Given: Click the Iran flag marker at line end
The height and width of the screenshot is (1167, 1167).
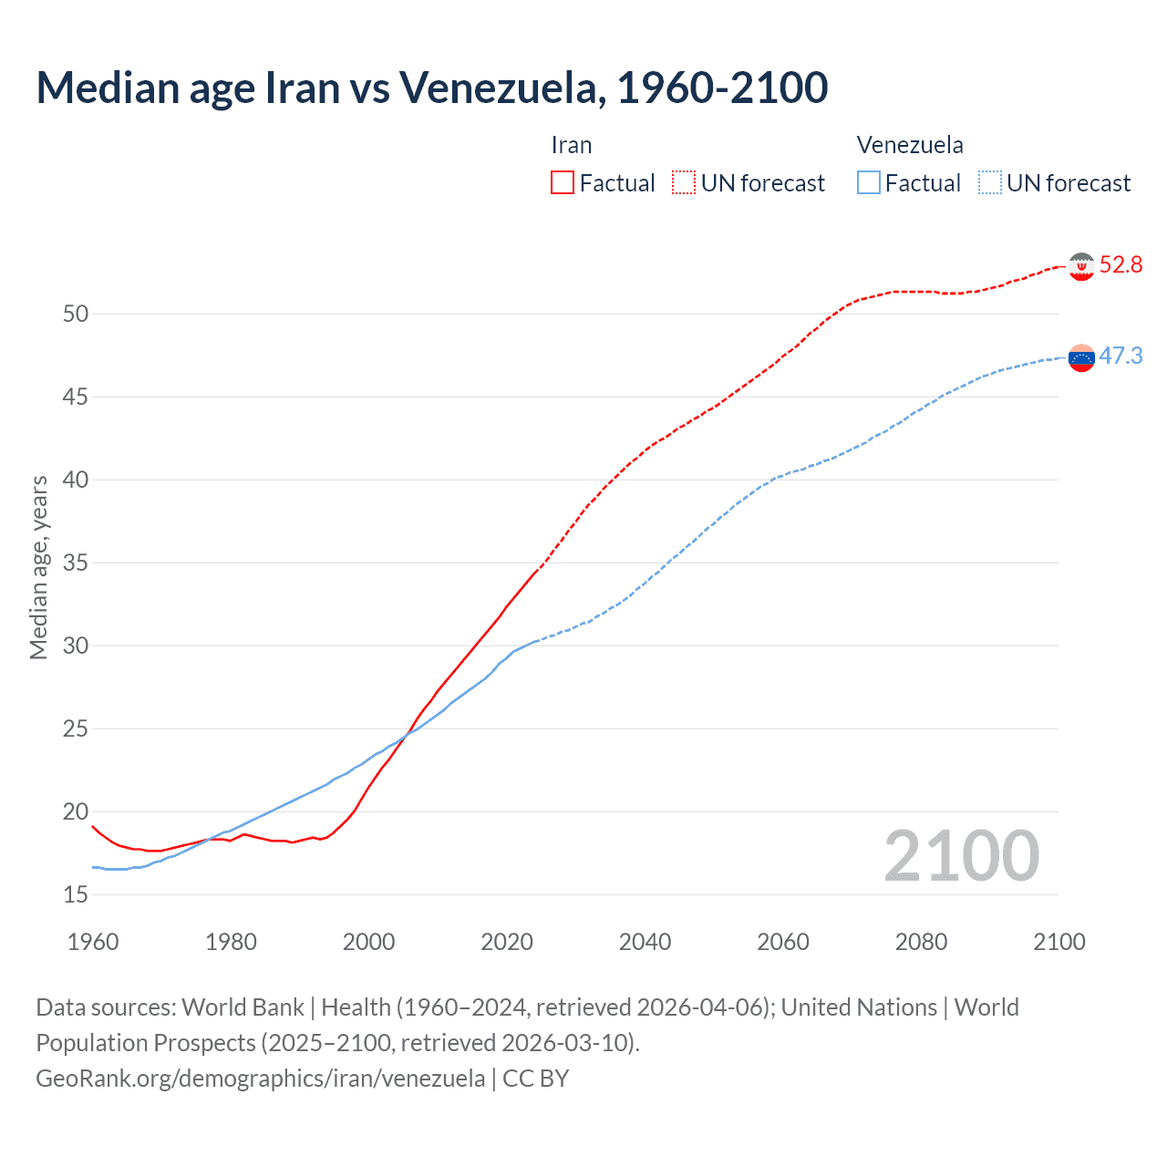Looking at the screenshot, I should pyautogui.click(x=1081, y=266).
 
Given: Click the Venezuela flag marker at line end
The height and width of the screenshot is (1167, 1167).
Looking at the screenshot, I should pyautogui.click(x=1081, y=357).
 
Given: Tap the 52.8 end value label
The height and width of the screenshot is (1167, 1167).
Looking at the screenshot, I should pyautogui.click(x=1121, y=265).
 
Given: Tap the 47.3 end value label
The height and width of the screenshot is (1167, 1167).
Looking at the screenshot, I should pyautogui.click(x=1121, y=356).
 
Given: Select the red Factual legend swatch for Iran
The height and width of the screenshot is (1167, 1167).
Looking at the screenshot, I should pyautogui.click(x=563, y=183).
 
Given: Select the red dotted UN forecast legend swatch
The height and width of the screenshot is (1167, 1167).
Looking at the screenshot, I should pyautogui.click(x=684, y=183).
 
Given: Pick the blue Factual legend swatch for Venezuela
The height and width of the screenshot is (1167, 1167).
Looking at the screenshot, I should pyautogui.click(x=868, y=183).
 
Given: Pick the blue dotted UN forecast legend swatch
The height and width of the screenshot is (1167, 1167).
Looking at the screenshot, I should pyautogui.click(x=989, y=183).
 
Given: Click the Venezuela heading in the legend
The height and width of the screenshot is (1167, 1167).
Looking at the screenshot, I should pyautogui.click(x=910, y=145).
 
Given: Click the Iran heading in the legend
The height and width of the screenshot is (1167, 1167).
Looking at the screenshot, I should pyautogui.click(x=572, y=145).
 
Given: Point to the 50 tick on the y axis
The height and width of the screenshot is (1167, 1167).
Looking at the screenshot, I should pyautogui.click(x=76, y=314).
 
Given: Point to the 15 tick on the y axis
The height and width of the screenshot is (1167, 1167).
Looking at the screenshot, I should pyautogui.click(x=76, y=894).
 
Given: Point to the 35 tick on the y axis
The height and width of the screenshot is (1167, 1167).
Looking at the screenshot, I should pyautogui.click(x=76, y=563).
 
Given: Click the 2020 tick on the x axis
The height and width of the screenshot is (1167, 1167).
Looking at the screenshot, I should pyautogui.click(x=507, y=942).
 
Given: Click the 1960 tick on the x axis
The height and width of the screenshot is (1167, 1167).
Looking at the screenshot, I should pyautogui.click(x=93, y=942).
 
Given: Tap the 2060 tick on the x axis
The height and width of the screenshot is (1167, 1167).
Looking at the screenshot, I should pyautogui.click(x=783, y=942).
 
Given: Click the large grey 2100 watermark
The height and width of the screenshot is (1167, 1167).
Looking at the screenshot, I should pyautogui.click(x=961, y=855).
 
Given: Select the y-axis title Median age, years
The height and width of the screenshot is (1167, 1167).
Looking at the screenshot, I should pyautogui.click(x=38, y=567).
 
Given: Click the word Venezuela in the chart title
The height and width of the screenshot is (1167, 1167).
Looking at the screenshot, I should pyautogui.click(x=497, y=88).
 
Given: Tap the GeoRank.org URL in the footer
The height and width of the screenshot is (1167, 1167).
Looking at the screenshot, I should pyautogui.click(x=260, y=1079).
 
